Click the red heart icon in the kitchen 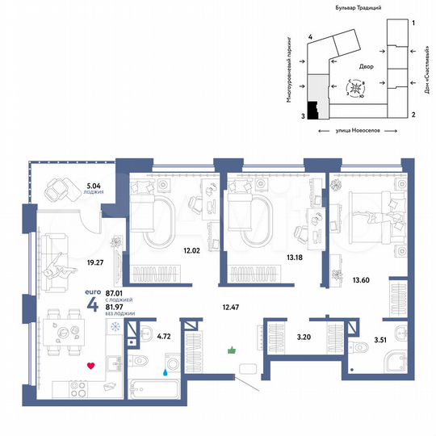click(x=90, y=366)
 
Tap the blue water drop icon click(x=166, y=373)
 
